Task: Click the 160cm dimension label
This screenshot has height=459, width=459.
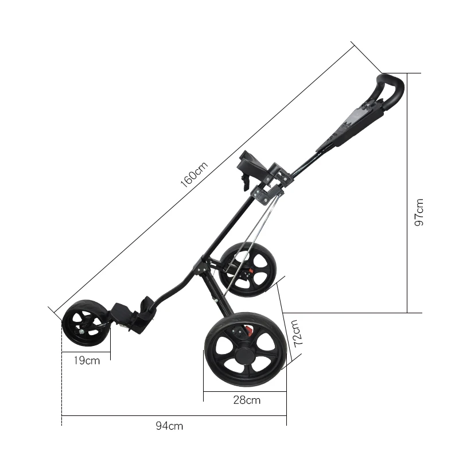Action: [194, 174]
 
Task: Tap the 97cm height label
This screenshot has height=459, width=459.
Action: [419, 212]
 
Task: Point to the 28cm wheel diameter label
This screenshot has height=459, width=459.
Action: [247, 400]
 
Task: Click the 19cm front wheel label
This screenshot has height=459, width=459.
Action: [87, 360]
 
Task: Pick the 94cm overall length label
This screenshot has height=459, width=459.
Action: [169, 426]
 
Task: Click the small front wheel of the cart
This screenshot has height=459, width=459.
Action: [86, 323]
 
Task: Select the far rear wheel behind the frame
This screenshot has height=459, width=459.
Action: [248, 269]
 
